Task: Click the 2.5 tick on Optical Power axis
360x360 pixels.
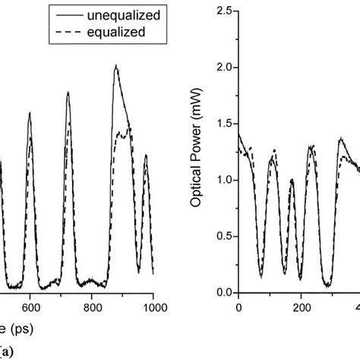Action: [222, 11]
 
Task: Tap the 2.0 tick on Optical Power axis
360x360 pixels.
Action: [222, 68]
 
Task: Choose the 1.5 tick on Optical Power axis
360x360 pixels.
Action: [222, 124]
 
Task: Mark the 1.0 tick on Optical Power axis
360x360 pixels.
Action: [222, 180]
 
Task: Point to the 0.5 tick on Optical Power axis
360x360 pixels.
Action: [222, 236]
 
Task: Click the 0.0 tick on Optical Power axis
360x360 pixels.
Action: [222, 292]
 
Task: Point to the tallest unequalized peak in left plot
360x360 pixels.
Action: [116, 65]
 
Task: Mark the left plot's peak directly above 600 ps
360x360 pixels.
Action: [30, 113]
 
